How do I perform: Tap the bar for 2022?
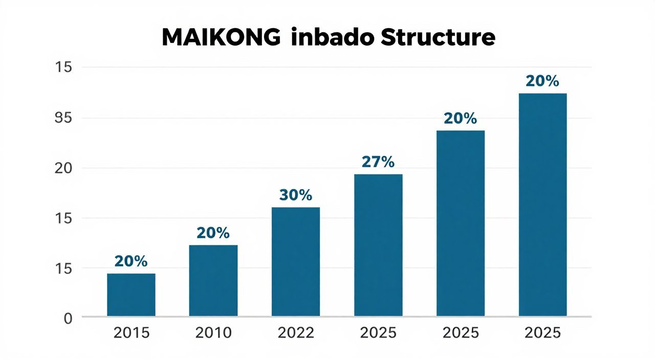296,261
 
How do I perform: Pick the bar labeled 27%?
378,245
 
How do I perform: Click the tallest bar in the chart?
542,205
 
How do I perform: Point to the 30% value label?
296,195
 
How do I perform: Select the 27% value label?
378,162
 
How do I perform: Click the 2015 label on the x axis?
131,333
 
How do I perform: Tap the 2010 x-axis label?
213,333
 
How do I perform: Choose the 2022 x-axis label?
296,333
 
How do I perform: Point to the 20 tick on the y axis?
65,168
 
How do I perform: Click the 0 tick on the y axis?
69,318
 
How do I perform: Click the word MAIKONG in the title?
222,38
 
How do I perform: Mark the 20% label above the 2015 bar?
131,261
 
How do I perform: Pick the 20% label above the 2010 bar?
213,233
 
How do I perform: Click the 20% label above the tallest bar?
542,81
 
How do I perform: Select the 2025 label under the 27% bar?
378,333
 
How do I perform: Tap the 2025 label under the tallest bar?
542,333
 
